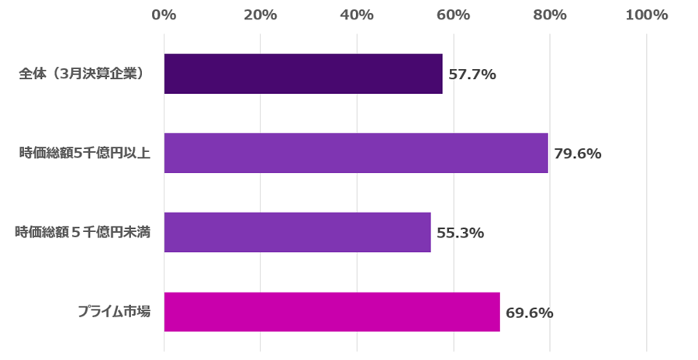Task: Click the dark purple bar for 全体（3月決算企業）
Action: click(303, 74)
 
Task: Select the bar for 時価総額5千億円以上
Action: click(356, 153)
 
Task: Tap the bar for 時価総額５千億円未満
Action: click(297, 232)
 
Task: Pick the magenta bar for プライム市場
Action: click(332, 312)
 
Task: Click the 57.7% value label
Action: click(472, 74)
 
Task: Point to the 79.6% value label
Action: click(578, 154)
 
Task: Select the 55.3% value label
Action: click(461, 233)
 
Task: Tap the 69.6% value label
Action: click(530, 313)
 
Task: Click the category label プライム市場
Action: click(114, 312)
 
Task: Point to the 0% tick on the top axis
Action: click(164, 15)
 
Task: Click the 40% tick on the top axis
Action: click(357, 15)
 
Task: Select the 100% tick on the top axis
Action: click(646, 15)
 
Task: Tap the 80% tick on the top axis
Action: click(550, 15)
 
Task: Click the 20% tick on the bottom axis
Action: click(261, 350)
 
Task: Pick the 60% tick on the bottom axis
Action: click(453, 350)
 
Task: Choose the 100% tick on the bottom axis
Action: click(646, 350)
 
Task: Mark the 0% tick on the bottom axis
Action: click(164, 350)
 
